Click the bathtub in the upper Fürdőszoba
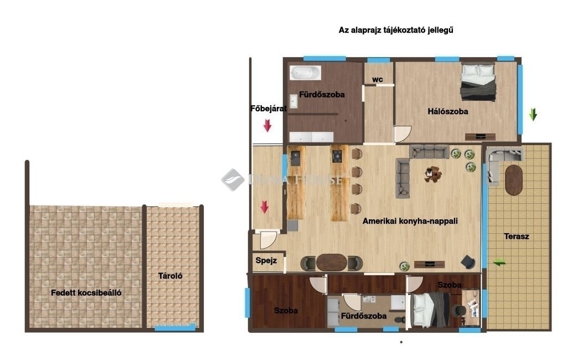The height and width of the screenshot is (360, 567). click(305, 73)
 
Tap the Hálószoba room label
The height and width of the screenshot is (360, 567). click(447, 111)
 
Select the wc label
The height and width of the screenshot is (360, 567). click(377, 80)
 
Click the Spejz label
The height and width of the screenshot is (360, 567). click(266, 260)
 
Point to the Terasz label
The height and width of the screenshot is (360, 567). click(517, 236)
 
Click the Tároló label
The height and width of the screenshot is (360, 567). click(170, 276)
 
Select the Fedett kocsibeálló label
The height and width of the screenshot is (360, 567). click(86, 292)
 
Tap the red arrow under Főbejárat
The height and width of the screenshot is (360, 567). click(267, 126)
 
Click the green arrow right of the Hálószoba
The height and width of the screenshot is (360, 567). click(533, 114)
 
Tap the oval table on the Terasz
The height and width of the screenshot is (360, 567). click(513, 180)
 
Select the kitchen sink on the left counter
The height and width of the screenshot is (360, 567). click(296, 158)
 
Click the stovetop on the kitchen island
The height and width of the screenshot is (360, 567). click(337, 157)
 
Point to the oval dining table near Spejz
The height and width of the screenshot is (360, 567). click(332, 263)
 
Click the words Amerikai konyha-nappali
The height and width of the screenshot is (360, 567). click(410, 220)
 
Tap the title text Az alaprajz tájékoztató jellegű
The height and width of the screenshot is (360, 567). click(395, 30)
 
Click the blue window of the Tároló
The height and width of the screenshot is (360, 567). click(175, 328)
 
